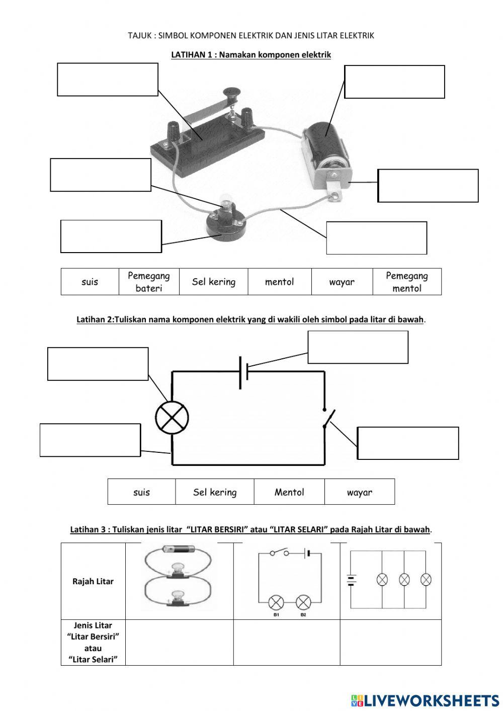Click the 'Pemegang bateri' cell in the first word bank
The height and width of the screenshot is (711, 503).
[x=149, y=282]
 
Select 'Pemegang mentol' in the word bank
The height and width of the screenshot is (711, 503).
[x=406, y=282]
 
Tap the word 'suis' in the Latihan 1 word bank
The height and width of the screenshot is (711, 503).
[x=90, y=282]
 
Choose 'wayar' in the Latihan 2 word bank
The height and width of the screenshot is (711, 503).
[x=359, y=492]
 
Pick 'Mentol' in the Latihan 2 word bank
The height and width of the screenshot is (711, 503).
[x=289, y=492]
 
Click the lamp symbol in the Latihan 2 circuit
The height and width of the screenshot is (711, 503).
[x=172, y=418]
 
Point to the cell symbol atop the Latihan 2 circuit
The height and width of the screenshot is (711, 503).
[x=243, y=372]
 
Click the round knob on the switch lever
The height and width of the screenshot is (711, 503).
[x=232, y=92]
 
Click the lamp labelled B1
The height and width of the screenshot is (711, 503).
[x=276, y=602]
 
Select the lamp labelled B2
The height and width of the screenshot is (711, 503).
[x=303, y=602]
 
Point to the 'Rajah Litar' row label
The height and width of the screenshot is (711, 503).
[x=93, y=581]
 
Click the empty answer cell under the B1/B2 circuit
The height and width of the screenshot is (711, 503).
[x=286, y=642]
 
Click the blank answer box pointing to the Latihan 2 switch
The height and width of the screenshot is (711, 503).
[x=407, y=443]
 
